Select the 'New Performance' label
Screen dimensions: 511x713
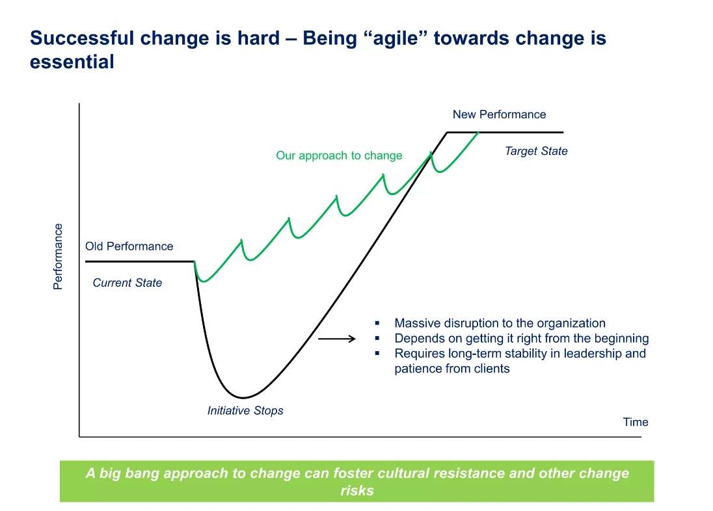click(x=499, y=114)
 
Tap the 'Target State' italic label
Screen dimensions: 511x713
click(x=536, y=151)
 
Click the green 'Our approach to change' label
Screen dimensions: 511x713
click(x=339, y=155)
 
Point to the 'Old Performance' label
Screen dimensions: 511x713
click(x=129, y=246)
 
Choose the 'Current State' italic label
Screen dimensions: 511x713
click(x=127, y=283)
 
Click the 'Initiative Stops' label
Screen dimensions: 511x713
click(x=245, y=410)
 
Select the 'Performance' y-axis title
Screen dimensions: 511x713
click(x=58, y=257)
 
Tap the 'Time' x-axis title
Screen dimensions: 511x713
click(x=635, y=422)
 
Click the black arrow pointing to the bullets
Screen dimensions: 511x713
click(x=336, y=339)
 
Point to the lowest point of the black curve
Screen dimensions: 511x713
click(x=243, y=397)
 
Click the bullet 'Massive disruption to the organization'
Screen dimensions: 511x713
click(x=500, y=323)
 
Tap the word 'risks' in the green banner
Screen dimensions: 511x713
click(x=356, y=490)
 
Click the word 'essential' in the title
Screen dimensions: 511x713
click(x=72, y=62)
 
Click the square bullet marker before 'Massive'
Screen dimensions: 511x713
click(x=377, y=323)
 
